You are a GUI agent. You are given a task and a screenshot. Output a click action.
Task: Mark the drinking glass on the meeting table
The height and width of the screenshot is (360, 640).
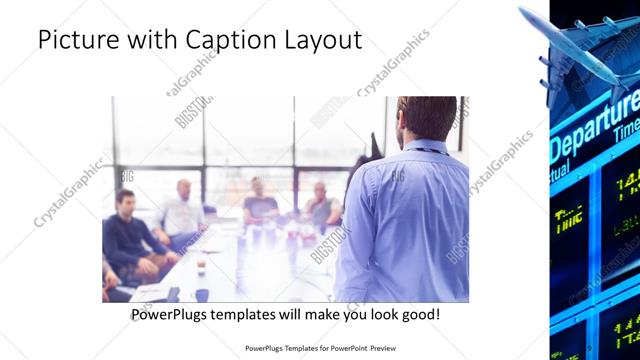tap(201, 266)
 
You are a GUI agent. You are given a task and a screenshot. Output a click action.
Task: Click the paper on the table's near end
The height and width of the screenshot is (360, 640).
tap(150, 292)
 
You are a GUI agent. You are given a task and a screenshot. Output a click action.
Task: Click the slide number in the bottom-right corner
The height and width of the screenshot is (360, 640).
tap(591, 348)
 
